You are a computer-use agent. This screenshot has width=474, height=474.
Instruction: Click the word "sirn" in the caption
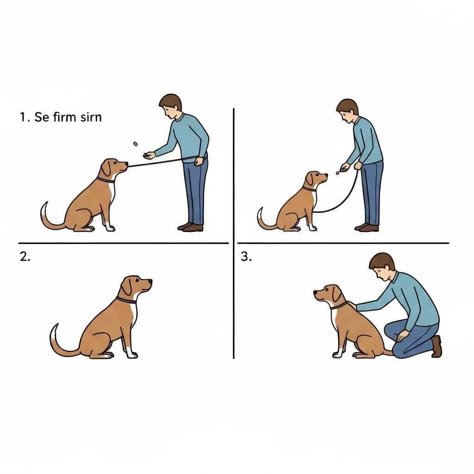[x=91, y=117]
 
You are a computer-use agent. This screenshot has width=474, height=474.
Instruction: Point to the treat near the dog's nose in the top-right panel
[x=337, y=173]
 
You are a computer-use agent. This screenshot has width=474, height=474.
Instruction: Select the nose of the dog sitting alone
[x=150, y=281]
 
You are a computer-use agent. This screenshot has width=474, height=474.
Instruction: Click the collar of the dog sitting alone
[x=126, y=300]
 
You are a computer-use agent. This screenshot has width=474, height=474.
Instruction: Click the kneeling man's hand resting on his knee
[x=402, y=335]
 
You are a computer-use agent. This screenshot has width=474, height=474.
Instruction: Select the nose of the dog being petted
[x=316, y=293]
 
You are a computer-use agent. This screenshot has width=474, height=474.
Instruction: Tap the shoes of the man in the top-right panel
[x=367, y=227]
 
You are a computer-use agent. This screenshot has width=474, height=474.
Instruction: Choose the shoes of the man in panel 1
[x=190, y=227]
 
